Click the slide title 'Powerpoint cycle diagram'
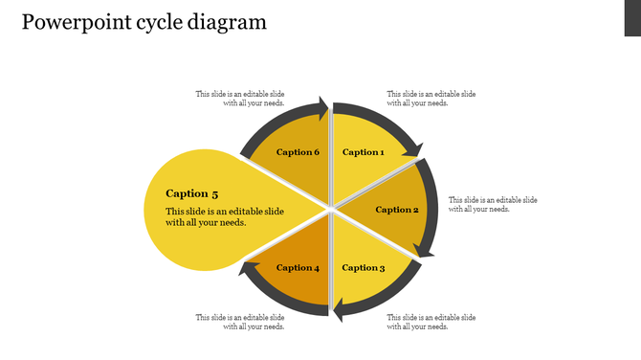click(144, 22)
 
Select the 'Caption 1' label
click(364, 152)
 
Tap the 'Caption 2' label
click(397, 210)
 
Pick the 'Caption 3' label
click(364, 268)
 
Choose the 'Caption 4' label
click(298, 268)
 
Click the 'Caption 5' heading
click(192, 193)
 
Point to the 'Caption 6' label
click(298, 152)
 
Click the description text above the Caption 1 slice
click(431, 99)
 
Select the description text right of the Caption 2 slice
click(493, 205)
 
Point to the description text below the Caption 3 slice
click(431, 322)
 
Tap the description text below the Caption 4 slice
click(240, 322)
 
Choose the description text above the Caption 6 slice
click(240, 99)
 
